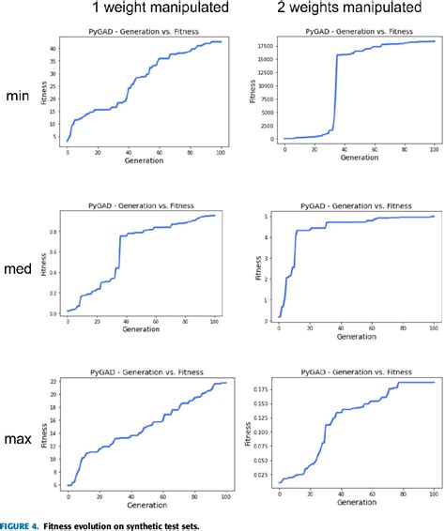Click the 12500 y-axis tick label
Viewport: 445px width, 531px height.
coord(263,71)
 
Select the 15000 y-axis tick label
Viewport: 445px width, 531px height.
coord(263,57)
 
